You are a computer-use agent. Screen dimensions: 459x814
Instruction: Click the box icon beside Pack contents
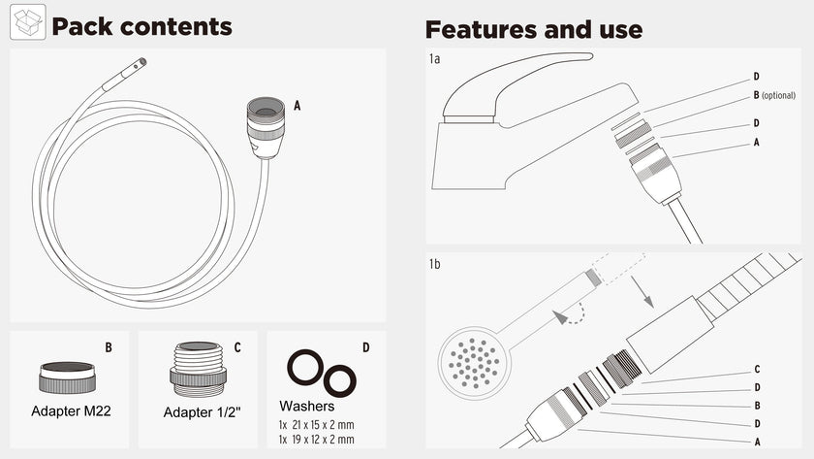tap(28, 23)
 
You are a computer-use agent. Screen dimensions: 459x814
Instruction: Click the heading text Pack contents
tap(141, 26)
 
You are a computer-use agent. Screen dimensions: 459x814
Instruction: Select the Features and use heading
tap(533, 29)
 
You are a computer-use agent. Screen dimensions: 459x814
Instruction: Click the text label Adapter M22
tap(71, 410)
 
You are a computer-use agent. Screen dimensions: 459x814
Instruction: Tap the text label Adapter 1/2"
tap(202, 411)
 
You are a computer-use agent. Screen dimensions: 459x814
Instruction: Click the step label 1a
tap(435, 59)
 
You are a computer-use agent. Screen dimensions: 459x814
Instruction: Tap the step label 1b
tap(435, 264)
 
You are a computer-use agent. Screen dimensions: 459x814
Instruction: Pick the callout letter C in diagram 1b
tap(756, 370)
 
